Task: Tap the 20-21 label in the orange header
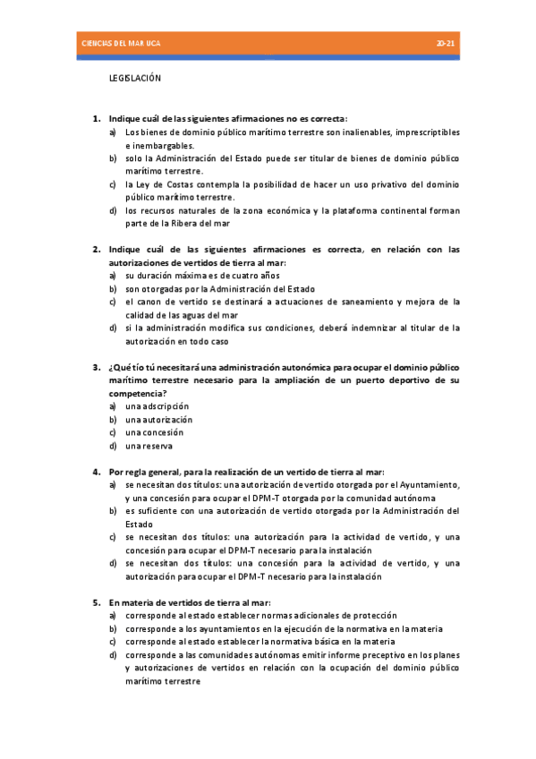(x=446, y=43)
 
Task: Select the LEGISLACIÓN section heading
(x=134, y=79)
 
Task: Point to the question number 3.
(x=97, y=368)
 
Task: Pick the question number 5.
(x=97, y=603)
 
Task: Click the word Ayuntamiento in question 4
(x=424, y=484)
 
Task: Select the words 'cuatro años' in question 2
(x=255, y=276)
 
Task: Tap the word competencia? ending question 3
(x=137, y=393)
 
